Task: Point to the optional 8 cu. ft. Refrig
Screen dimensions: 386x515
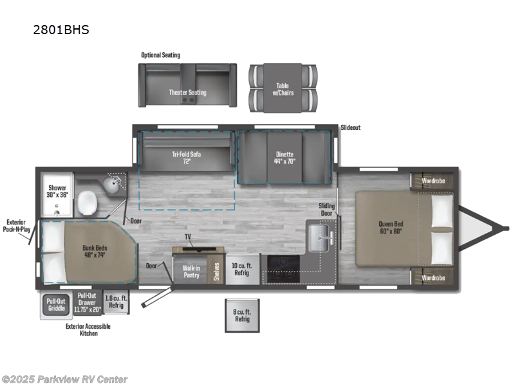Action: click(x=241, y=315)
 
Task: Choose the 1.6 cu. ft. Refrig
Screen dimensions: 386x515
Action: click(x=116, y=301)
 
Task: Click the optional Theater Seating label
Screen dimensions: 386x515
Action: click(x=187, y=93)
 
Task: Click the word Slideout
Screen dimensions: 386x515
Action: click(x=350, y=127)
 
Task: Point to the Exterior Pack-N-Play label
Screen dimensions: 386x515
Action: click(x=15, y=224)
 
